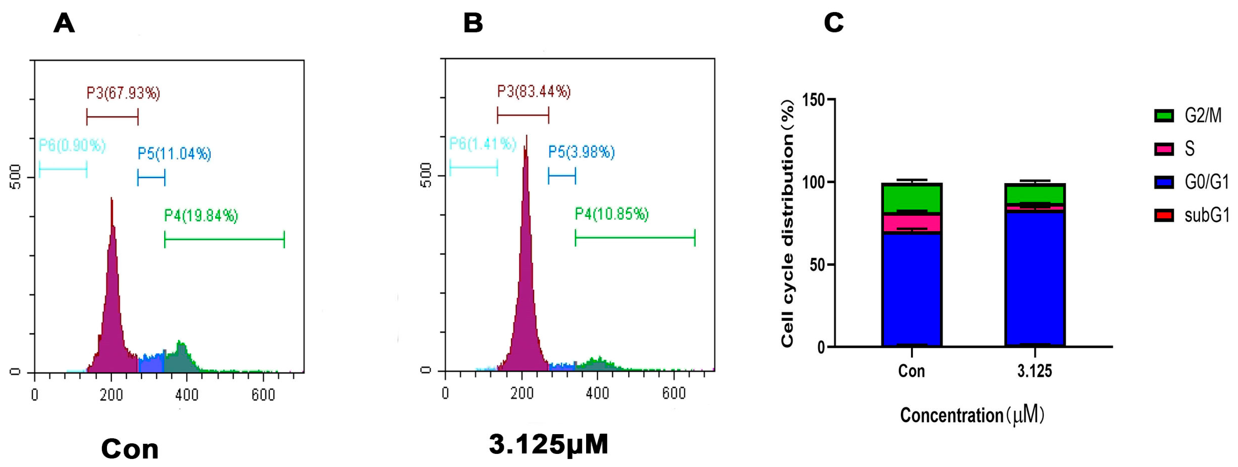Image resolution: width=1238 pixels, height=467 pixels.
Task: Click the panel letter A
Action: (x=64, y=23)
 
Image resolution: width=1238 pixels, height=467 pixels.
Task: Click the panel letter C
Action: (x=833, y=23)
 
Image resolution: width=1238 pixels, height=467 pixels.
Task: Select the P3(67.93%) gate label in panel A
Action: (x=123, y=93)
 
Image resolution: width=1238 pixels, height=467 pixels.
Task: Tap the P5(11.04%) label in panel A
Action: (x=174, y=154)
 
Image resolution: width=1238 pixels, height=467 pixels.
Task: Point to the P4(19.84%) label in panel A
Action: (x=201, y=216)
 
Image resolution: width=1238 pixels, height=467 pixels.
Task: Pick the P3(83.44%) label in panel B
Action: (x=533, y=92)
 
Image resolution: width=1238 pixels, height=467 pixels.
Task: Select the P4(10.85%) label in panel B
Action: (x=611, y=214)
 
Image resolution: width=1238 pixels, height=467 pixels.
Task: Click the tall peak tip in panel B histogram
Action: (x=527, y=137)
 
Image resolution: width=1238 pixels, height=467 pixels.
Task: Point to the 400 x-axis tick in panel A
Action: (x=187, y=395)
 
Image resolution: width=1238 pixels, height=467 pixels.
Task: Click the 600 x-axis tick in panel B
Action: (x=673, y=393)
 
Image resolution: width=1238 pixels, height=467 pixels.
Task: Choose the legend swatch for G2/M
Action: (x=1163, y=116)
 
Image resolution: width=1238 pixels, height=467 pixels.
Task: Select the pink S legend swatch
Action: (x=1163, y=149)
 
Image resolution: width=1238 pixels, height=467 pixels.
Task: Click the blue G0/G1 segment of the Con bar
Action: (x=911, y=289)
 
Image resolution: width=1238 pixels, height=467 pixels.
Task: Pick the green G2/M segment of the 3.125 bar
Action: (x=1034, y=194)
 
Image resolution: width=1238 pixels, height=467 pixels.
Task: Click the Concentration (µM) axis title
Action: (x=972, y=415)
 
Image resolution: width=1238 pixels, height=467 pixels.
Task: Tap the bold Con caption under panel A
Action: (x=130, y=449)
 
